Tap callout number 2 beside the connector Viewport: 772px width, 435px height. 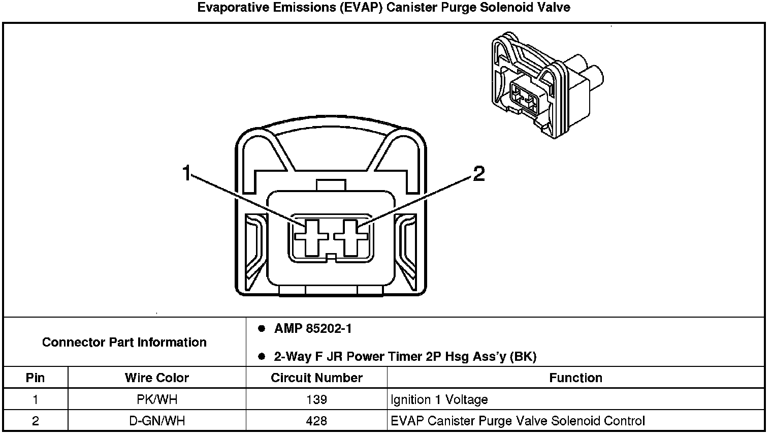479,173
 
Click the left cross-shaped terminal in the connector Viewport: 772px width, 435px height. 311,238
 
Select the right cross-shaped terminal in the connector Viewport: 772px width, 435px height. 351,238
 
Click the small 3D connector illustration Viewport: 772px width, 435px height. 547,85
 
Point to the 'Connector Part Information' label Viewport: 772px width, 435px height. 124,342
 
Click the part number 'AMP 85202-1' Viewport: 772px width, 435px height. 313,328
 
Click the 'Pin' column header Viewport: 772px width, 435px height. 35,378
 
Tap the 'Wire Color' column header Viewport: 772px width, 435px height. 157,378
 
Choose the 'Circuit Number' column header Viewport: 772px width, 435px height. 316,378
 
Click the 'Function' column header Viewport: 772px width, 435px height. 575,378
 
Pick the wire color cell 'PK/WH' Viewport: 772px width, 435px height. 157,399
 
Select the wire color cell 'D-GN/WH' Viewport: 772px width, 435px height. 157,421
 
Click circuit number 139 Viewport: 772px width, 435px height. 316,399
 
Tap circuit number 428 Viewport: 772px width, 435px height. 316,421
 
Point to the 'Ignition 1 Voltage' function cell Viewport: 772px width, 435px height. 439,399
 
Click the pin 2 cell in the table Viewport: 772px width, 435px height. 35,421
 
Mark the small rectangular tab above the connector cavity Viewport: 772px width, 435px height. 331,185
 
